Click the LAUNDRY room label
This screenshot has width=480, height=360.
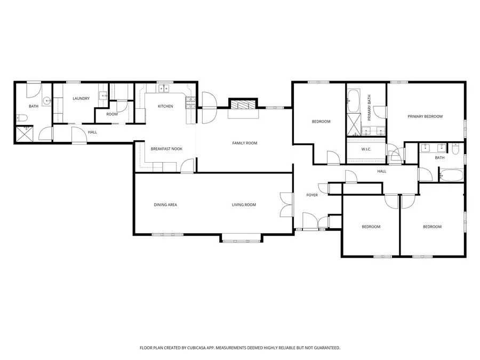(81, 98)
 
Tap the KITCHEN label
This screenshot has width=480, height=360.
(165, 106)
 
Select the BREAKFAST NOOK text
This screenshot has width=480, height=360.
(166, 149)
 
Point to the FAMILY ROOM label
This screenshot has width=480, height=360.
(244, 143)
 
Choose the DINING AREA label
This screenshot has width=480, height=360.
(165, 205)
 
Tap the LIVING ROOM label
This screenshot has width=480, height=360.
(244, 205)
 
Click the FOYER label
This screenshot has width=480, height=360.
(312, 195)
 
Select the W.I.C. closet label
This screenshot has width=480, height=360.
(366, 149)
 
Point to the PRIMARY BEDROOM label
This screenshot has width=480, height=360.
(425, 116)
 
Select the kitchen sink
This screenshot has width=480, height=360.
(163, 89)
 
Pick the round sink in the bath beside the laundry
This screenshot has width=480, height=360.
(46, 100)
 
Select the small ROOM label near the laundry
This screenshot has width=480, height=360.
(112, 114)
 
